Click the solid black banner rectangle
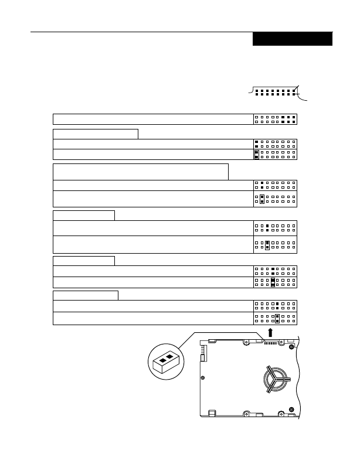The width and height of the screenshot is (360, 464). (293, 39)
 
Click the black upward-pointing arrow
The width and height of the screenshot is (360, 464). (270, 333)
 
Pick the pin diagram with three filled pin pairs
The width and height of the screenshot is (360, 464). (276, 120)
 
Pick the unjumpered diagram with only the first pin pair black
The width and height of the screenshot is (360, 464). (276, 144)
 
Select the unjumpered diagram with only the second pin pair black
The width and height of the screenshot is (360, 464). (276, 185)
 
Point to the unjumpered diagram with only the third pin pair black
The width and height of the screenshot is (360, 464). (276, 227)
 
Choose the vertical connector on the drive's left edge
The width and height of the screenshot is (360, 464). (204, 353)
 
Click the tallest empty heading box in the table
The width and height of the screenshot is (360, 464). (140, 172)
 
